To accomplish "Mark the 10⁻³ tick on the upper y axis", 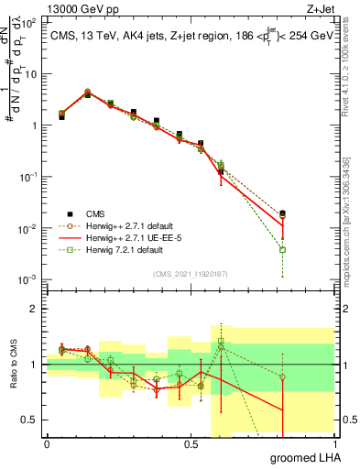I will tap(31, 278).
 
